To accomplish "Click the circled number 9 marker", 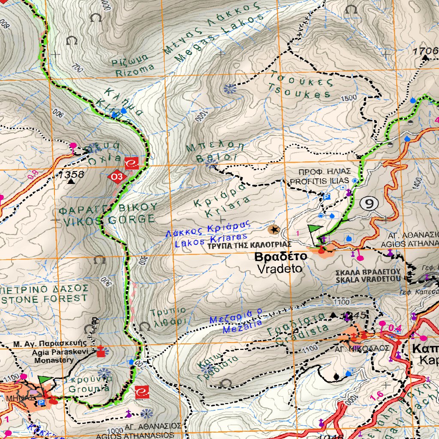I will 369,204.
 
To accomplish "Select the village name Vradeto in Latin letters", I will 280,269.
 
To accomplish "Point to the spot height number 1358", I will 72,174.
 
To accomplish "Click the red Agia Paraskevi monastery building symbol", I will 101,352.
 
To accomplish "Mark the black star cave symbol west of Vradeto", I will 274,230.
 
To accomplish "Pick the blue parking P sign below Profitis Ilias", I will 326,197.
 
